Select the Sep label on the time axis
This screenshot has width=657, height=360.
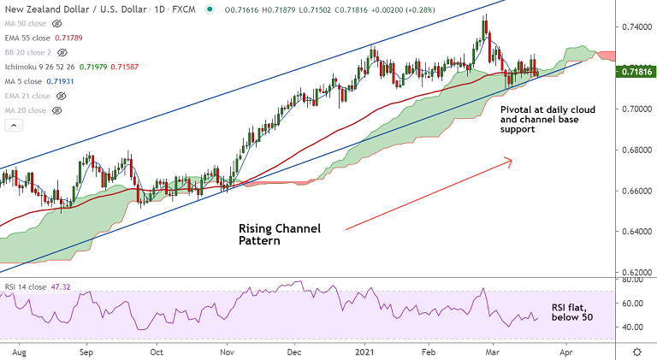pos(86,351)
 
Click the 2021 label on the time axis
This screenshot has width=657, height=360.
pos(365,351)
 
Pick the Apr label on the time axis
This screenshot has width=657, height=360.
pos(565,351)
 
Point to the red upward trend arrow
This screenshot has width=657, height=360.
pos(428,193)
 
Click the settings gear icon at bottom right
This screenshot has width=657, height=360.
pos(637,351)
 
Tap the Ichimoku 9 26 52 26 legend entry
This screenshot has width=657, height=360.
pos(59,67)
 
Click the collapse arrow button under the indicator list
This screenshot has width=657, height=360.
pos(14,126)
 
